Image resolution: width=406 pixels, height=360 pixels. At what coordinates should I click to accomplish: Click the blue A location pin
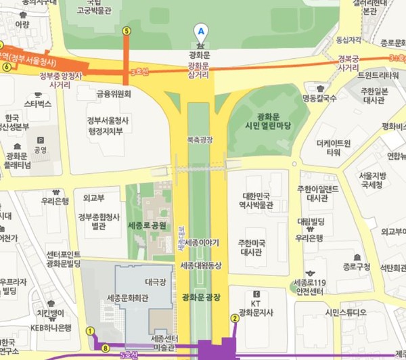click(x=200, y=30)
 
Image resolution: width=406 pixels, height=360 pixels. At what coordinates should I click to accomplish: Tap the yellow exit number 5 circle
click(x=126, y=30)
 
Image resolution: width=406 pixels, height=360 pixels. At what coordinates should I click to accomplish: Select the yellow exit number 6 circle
click(x=7, y=66)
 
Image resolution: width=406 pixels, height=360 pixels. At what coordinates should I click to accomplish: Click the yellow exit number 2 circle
click(x=235, y=317)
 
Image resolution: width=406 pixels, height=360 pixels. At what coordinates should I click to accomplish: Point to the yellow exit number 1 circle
click(x=90, y=331)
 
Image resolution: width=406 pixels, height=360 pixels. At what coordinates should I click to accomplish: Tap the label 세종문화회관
click(x=127, y=298)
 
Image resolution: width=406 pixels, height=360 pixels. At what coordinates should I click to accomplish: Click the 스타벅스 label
click(x=38, y=104)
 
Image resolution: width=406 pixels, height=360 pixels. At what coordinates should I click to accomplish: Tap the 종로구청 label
click(x=356, y=267)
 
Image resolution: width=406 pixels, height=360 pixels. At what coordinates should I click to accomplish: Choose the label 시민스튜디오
click(x=345, y=312)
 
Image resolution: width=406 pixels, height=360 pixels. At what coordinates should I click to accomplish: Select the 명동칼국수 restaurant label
click(x=319, y=97)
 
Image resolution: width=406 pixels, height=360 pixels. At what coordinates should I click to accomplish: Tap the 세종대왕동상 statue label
click(x=201, y=266)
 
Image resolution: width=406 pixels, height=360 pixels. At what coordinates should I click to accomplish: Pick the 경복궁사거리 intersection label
click(x=348, y=63)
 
